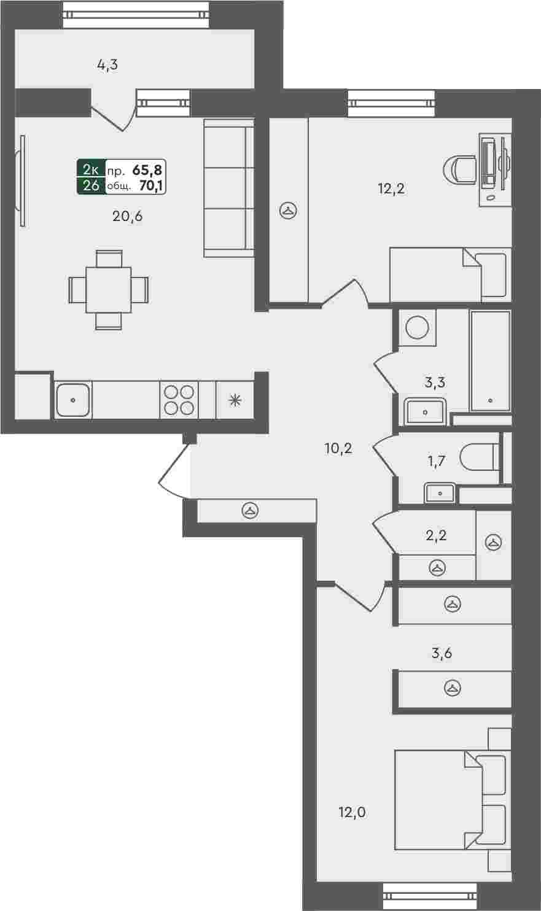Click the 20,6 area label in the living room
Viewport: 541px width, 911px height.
pos(127,216)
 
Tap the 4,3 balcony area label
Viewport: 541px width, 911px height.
pos(108,64)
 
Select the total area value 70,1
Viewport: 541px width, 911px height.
pos(151,186)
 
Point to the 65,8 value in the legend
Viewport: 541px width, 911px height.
pos(147,169)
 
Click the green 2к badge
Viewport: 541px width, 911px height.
pos(91,169)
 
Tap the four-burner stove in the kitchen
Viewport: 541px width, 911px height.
pos(179,400)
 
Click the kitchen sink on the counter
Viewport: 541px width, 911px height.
pos(73,400)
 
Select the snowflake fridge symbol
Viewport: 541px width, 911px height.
pos(235,400)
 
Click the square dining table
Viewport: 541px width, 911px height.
pos(109,290)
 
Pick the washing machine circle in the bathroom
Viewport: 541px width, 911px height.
pos(418,328)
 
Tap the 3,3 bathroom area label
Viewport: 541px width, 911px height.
pos(435,382)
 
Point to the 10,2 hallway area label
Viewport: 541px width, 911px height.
pos(338,449)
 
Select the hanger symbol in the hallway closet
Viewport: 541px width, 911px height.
pos(250,511)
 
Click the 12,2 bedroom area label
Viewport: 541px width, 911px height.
pos(391,188)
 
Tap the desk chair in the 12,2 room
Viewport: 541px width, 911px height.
pos(460,171)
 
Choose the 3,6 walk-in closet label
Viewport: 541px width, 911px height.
pos(442,654)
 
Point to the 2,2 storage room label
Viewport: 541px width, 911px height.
pos(436,535)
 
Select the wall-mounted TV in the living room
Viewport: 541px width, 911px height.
pos(21,181)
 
